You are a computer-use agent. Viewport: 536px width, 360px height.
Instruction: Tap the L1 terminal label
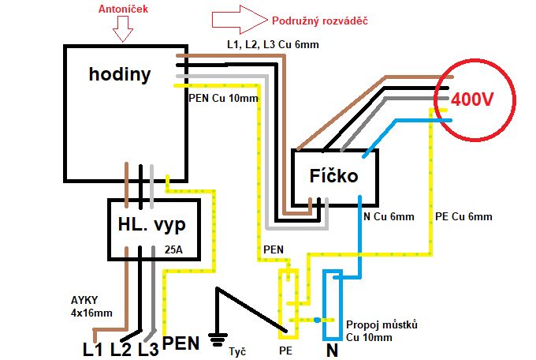[92, 348]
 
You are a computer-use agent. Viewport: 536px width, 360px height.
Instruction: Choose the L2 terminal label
[121, 348]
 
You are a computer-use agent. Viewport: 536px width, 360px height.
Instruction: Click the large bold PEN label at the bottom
[181, 344]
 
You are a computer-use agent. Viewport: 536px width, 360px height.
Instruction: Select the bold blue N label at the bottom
[333, 348]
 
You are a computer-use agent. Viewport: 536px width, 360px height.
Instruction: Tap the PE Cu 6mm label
[463, 216]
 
